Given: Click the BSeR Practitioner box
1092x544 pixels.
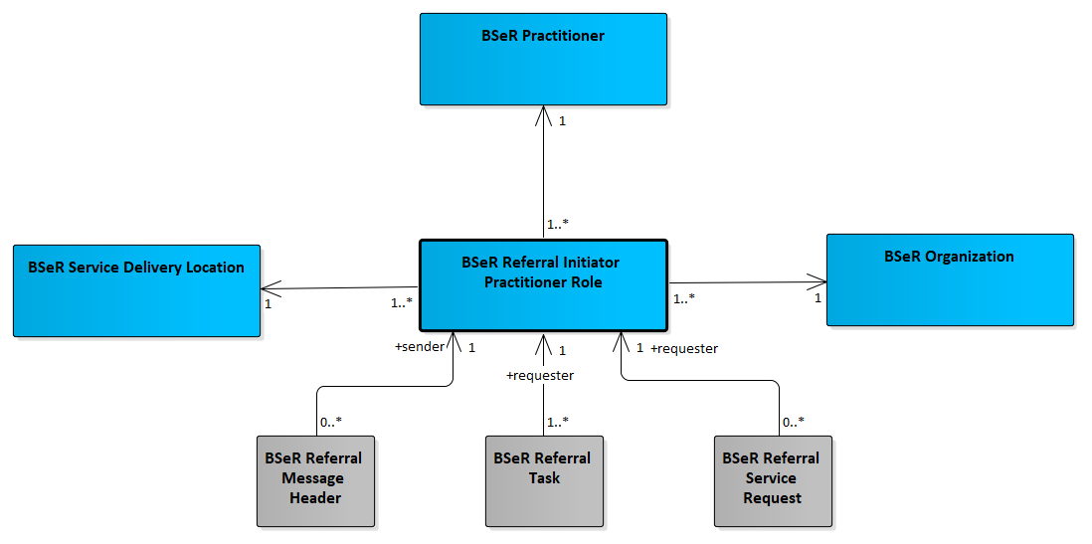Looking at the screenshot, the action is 543,60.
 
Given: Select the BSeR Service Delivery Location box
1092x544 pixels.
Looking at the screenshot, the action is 136,290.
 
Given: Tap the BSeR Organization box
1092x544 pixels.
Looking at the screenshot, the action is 950,279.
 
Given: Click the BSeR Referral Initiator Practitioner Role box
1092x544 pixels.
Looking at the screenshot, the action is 543,284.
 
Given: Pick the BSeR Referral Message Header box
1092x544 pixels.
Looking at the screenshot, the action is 315,480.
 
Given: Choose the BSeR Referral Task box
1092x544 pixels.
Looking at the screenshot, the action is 544,480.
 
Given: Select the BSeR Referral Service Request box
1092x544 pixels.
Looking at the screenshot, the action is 773,480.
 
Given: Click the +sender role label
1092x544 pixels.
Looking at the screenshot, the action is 419,347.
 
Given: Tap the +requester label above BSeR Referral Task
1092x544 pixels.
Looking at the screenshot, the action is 540,376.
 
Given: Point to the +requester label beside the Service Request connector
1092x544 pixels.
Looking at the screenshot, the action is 684,349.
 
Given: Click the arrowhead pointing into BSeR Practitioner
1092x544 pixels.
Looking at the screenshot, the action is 543,115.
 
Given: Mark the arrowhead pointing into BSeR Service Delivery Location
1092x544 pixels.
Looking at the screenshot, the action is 271,288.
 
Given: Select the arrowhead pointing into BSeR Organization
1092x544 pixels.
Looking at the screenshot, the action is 817,282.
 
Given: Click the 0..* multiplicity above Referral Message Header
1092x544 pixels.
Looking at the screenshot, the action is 331,421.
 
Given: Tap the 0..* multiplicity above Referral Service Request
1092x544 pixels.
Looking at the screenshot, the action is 794,421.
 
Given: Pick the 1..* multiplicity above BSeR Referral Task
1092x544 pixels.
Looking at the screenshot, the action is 559,421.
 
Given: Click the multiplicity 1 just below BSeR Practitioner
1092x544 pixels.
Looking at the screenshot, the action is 563,120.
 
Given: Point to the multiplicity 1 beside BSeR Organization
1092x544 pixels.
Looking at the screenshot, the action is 818,297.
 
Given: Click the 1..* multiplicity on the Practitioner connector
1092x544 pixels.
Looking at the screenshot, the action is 559,225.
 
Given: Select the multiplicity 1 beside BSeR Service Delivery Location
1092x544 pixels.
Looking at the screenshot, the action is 268,303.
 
